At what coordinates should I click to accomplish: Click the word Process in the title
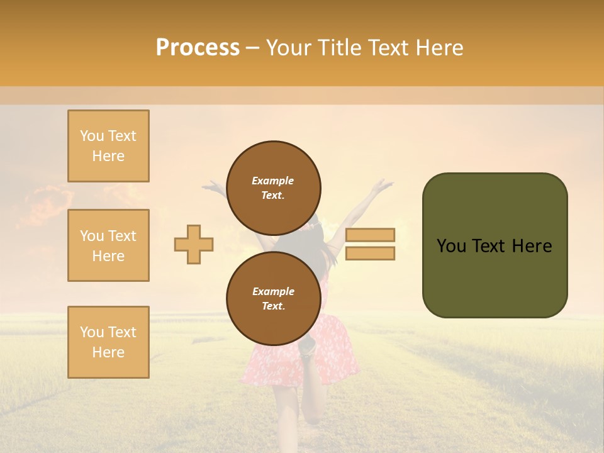point(198,48)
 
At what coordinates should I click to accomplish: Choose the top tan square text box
point(108,146)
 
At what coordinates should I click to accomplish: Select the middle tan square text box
point(108,245)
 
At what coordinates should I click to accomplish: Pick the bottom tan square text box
point(108,342)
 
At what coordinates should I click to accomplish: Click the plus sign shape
point(194,244)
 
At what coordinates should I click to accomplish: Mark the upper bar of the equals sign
point(370,235)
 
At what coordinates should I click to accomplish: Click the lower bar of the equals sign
point(370,254)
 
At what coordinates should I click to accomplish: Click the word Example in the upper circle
point(273,181)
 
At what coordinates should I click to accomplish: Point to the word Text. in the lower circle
point(273,306)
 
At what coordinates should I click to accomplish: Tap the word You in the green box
point(450,246)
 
